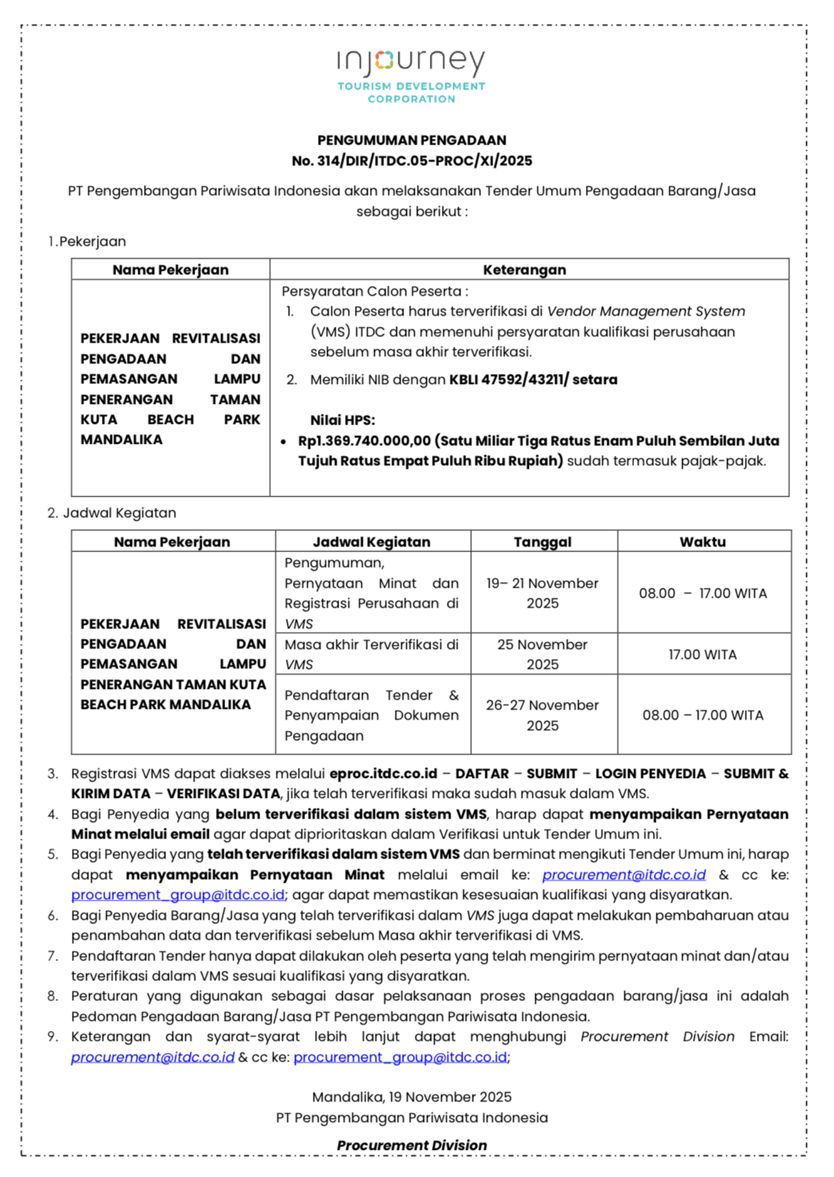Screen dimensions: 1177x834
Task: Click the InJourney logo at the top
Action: tap(411, 74)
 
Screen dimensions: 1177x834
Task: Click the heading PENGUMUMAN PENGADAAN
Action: tap(411, 140)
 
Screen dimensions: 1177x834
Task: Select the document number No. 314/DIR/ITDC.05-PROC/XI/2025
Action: tap(411, 161)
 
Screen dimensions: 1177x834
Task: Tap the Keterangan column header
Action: tap(524, 270)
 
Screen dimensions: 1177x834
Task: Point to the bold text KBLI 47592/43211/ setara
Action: tap(532, 380)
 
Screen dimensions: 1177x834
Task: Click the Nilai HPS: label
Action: tap(342, 420)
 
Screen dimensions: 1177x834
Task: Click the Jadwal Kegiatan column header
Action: tap(371, 542)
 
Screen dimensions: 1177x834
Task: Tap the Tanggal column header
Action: tap(542, 542)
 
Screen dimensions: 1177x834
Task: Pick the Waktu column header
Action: tap(702, 542)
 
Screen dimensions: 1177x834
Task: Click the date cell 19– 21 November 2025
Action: tap(542, 593)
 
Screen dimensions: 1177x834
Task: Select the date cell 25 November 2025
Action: tap(542, 654)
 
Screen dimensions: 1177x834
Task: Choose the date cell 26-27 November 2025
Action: tap(542, 715)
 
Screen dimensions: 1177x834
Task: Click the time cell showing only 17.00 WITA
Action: tap(702, 655)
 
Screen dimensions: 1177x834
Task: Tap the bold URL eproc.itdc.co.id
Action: tap(383, 774)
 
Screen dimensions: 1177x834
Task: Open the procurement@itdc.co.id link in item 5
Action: tap(624, 875)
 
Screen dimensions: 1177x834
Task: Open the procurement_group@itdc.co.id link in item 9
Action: tap(400, 1057)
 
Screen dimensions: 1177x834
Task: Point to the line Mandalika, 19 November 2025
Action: tap(411, 1097)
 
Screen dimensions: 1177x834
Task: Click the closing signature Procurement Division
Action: tap(411, 1146)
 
